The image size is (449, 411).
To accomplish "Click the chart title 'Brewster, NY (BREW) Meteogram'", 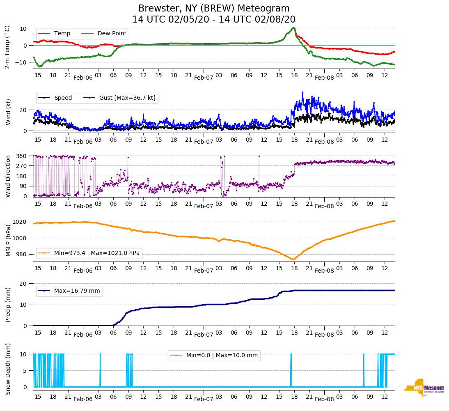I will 214,9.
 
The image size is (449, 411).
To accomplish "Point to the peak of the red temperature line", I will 293,28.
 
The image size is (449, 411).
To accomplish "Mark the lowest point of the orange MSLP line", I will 293,259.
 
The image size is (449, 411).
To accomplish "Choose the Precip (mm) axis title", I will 8,305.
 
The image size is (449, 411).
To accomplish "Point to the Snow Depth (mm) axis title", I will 8,369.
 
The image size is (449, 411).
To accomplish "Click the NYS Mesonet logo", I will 424,388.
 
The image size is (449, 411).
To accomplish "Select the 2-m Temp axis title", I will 7,47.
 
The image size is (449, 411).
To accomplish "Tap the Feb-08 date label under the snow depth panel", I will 324,399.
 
